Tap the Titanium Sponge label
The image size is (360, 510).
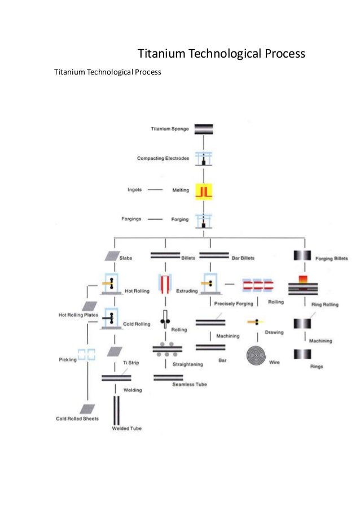pos(170,129)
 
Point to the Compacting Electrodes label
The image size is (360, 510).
pos(163,158)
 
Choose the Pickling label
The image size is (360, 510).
pos(67,359)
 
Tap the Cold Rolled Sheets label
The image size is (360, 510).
pos(77,419)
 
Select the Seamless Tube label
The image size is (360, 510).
pos(189,385)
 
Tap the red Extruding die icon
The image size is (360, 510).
pos(165,285)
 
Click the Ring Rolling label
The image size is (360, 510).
pos(324,304)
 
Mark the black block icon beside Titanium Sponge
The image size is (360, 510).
pos(203,129)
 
